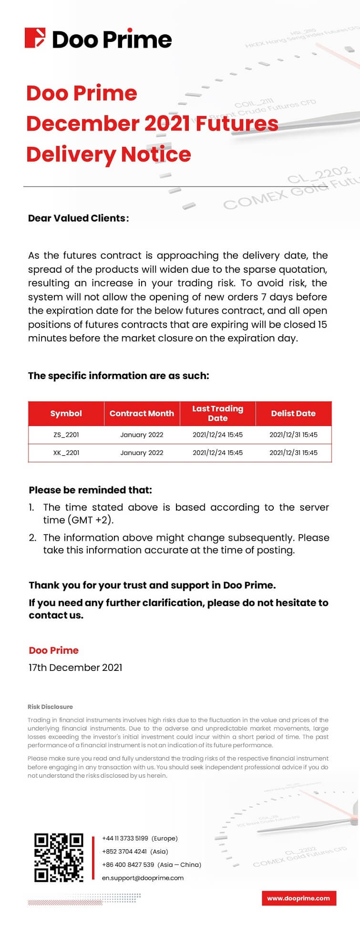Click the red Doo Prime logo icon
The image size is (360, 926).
click(x=35, y=38)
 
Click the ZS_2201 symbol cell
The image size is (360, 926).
click(x=66, y=434)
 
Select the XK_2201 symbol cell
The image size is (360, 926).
click(x=66, y=453)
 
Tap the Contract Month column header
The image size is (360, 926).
click(x=142, y=413)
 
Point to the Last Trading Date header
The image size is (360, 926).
click(x=217, y=413)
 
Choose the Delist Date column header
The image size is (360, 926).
click(x=293, y=413)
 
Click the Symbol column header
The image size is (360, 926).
click(x=66, y=413)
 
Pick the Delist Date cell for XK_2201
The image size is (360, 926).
click(x=293, y=453)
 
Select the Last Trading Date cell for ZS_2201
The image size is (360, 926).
click(x=217, y=434)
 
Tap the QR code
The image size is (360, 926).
click(x=59, y=857)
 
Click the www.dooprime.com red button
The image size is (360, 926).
click(x=298, y=898)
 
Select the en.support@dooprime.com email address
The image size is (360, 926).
click(x=143, y=877)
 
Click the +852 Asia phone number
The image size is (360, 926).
click(x=124, y=851)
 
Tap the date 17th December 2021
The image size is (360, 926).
click(x=75, y=668)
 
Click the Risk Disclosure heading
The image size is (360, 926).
click(x=50, y=707)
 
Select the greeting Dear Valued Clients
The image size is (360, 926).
click(x=78, y=218)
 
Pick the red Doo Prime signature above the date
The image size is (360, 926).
click(x=53, y=650)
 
